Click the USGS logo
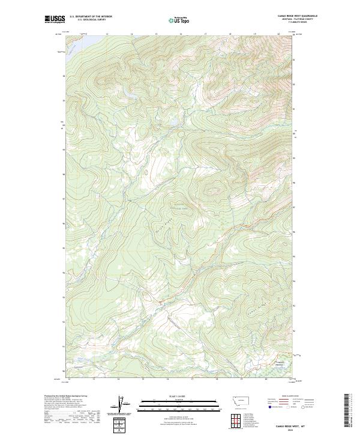pyautogui.click(x=55, y=19)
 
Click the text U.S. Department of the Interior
pyautogui.click(x=91, y=16)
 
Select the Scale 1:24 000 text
pyautogui.click(x=179, y=397)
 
